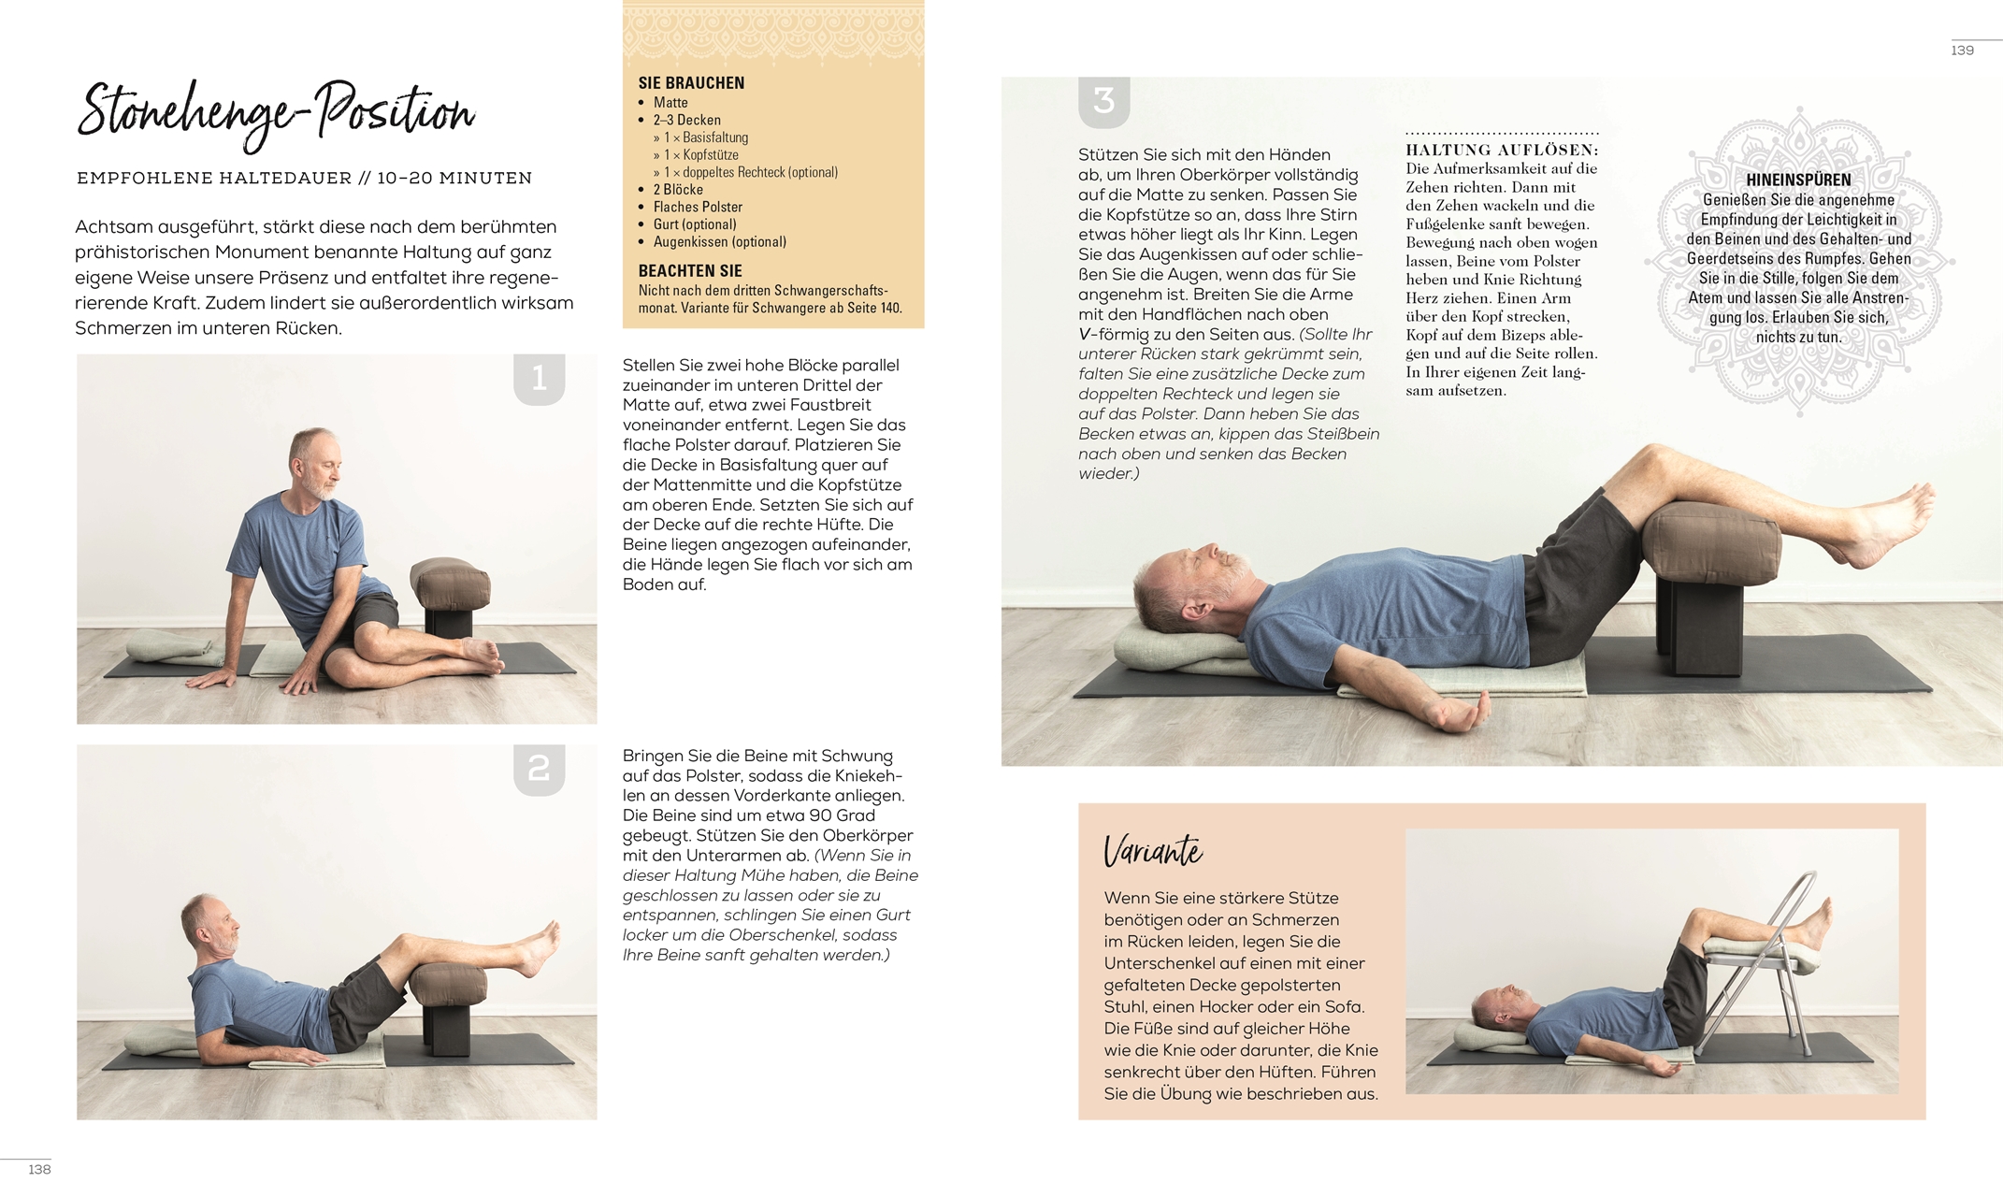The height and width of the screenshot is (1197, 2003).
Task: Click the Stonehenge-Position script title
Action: pos(275,113)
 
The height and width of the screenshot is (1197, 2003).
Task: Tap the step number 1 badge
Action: pos(540,379)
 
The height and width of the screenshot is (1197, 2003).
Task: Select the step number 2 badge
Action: pos(540,769)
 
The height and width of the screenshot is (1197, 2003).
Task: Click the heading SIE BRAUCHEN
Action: pos(691,83)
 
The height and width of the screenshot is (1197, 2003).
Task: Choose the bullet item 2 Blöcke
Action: pos(678,190)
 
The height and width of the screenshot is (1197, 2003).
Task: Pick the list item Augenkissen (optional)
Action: pos(719,242)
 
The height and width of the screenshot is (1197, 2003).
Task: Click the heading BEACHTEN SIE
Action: pos(690,271)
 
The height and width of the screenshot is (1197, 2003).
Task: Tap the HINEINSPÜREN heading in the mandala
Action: pos(1798,180)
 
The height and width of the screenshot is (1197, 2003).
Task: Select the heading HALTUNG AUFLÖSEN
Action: pos(1502,151)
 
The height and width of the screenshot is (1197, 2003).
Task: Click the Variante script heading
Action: pos(1153,851)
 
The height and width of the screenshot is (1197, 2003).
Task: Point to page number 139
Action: pos(1962,50)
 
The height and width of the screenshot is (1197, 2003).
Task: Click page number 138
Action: pos(39,1170)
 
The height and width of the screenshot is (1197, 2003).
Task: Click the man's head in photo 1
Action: pos(316,463)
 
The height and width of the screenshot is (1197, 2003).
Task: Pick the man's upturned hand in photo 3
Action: pos(1459,713)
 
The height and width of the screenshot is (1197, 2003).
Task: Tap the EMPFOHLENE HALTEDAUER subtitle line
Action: pos(304,178)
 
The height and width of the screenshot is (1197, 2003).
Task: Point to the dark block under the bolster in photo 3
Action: pos(1702,622)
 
